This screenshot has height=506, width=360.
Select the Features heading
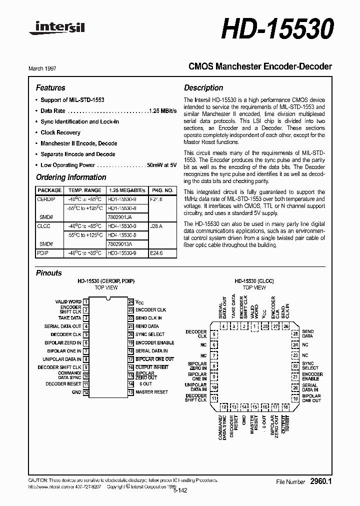(50, 87)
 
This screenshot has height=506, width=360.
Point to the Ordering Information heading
(71, 177)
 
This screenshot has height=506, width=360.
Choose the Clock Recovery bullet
(60, 132)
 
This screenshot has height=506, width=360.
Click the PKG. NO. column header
(162, 190)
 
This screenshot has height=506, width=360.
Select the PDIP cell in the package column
(43, 253)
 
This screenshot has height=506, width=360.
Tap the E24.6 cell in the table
(156, 253)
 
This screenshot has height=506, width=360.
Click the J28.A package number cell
(156, 226)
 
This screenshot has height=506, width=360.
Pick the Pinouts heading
(49, 273)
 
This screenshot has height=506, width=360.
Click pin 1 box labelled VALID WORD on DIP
(86, 302)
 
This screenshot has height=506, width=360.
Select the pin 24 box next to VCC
(130, 302)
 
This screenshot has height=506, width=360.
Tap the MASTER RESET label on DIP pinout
(151, 392)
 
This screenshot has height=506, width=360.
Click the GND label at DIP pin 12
(76, 392)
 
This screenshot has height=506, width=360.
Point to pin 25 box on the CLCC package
(295, 333)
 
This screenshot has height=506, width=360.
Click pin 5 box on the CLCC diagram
(214, 333)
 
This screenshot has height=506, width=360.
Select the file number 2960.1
(321, 481)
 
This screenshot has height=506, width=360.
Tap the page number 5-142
(180, 490)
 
